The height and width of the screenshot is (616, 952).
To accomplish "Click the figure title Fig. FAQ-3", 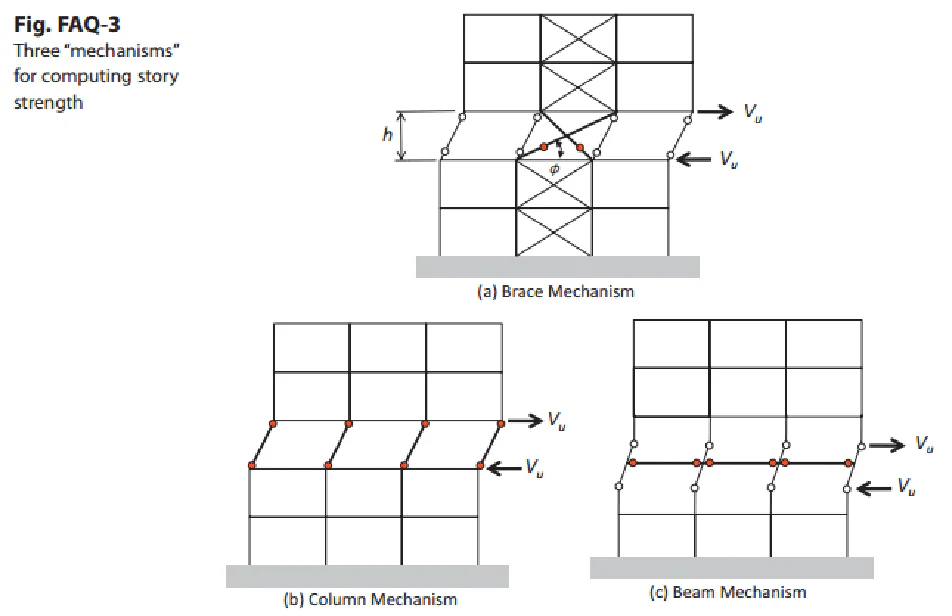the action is pos(67,25).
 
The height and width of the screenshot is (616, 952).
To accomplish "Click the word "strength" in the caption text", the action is pos(49,103).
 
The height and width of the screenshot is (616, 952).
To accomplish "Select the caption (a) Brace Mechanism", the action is pos(556,292).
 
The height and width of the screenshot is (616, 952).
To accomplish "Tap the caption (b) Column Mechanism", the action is pos(370,600).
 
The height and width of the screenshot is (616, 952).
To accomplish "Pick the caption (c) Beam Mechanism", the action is pos(728,592).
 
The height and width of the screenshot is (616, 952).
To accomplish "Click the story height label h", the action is pos(387,135).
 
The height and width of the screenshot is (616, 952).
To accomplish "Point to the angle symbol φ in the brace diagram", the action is pos(554,169).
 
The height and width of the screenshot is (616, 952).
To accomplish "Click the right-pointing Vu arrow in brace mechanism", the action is pos(715,112).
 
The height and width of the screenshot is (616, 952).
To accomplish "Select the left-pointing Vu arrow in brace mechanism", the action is pos(693,159).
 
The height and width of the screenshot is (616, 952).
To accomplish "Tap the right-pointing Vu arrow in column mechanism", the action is pos(525,420).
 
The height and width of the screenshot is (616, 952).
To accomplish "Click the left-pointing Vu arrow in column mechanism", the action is pos(504,467).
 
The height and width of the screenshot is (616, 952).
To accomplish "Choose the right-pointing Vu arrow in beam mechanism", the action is pos(887,445).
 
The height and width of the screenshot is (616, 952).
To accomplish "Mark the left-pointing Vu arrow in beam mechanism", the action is pos(874,488).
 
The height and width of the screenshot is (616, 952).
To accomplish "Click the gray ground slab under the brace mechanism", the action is pos(557,267).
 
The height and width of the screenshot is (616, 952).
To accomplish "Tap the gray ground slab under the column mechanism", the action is pos(367,576).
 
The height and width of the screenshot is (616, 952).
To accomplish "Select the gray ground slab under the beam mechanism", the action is pos(732,567).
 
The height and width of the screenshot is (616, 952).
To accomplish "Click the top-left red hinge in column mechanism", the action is pos(273,424).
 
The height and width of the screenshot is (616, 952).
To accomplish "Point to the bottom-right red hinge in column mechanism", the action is pos(480,465).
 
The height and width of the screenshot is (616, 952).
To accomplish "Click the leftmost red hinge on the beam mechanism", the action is pos(633,463).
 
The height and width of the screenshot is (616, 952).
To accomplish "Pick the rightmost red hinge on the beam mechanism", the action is pos(848,464).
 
